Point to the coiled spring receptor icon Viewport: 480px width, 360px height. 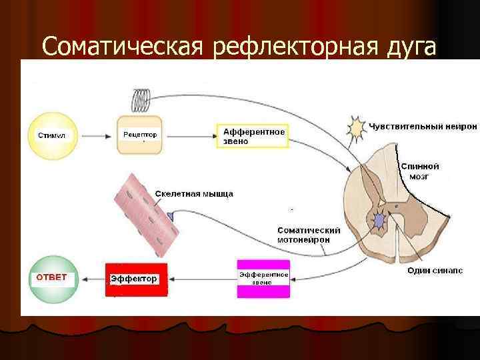[141, 99]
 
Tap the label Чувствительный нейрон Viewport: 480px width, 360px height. [423, 127]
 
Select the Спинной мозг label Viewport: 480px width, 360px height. [419, 171]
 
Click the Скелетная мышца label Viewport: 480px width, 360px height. [194, 194]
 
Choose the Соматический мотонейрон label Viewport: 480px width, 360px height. [309, 235]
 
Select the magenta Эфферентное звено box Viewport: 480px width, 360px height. [263, 279]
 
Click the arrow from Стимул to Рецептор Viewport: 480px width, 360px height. [97, 135]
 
